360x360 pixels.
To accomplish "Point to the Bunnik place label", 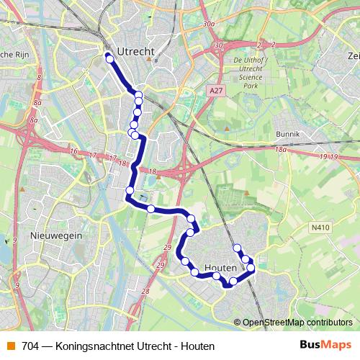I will pos(287,135).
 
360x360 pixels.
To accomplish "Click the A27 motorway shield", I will pos(214,91).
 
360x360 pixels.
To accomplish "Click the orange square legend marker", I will pos(11,346).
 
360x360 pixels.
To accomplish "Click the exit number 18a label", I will pos(280,148).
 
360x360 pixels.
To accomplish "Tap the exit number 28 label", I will pos(145,291).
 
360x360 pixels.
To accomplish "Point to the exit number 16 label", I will pos(73,153).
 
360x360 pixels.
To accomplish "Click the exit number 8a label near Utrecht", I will pos(37,104).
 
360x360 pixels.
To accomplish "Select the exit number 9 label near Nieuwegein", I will pos(14,240).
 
